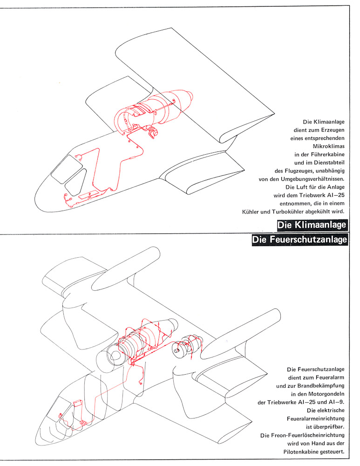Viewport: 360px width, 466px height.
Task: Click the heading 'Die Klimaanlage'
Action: (312, 225)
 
